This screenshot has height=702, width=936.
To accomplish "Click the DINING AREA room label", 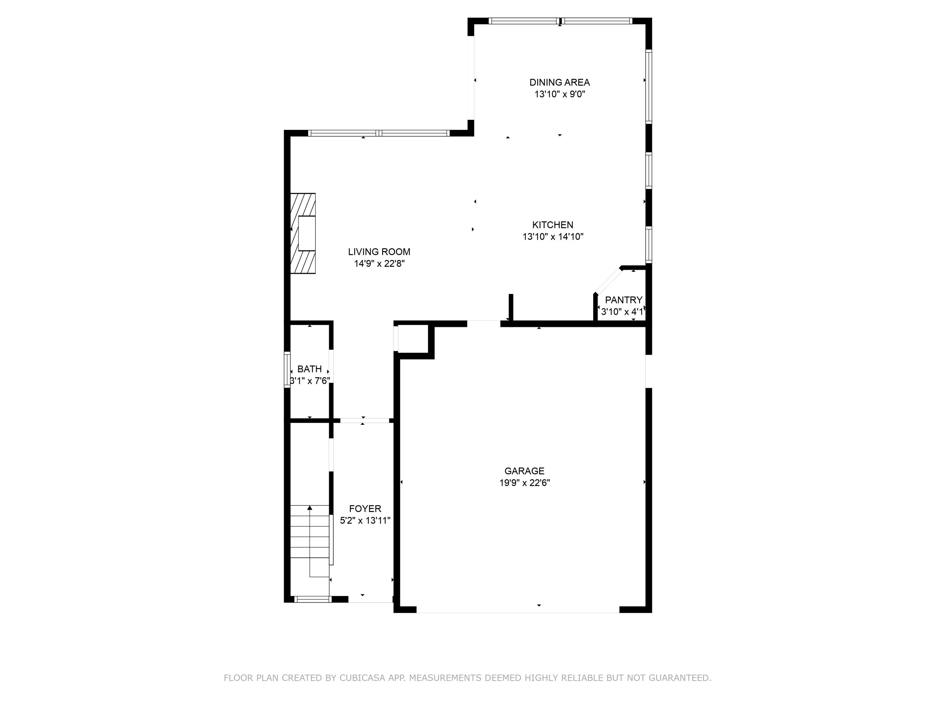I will [x=559, y=82].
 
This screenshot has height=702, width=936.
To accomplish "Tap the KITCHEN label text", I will [x=553, y=225].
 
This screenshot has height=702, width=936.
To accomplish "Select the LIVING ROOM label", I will [x=379, y=252].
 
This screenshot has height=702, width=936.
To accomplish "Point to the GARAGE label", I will [x=524, y=471].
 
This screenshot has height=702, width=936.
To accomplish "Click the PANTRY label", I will [x=623, y=300].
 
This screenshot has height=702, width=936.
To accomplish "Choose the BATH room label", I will [x=309, y=369].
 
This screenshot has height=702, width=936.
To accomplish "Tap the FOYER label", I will [x=365, y=509].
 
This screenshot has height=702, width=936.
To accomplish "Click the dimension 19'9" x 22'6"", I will [x=524, y=483].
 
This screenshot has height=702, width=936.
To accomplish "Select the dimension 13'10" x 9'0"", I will [x=559, y=94].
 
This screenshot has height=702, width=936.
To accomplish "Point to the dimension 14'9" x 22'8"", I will [x=379, y=264].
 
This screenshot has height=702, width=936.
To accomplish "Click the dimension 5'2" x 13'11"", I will [x=365, y=520].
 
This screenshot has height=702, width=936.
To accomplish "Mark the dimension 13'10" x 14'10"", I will [x=553, y=236].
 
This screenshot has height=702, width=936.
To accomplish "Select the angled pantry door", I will [x=608, y=280].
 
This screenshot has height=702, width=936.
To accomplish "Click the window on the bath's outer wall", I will [x=287, y=369].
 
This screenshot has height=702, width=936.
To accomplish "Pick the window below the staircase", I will [x=313, y=599].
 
